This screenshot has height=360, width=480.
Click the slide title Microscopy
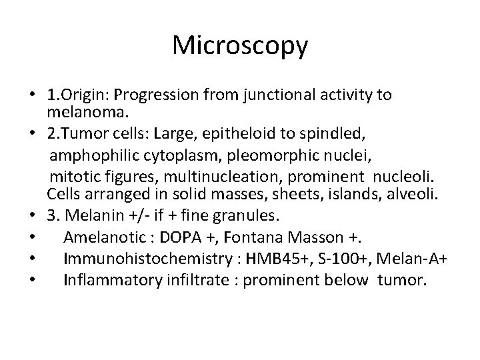coord(240,45)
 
